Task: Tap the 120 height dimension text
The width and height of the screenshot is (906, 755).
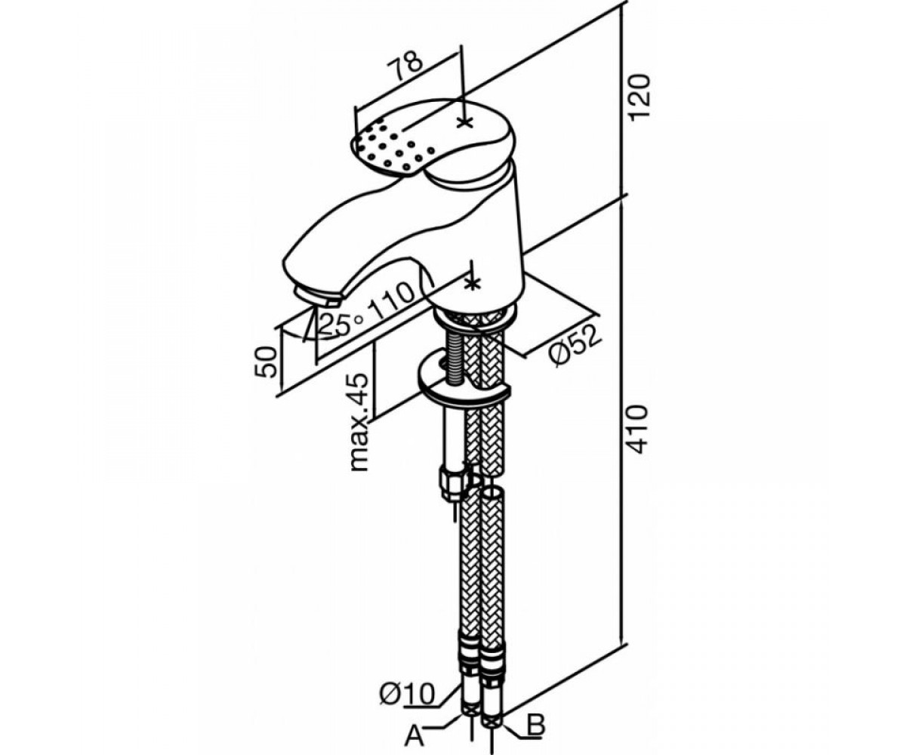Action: (640, 103)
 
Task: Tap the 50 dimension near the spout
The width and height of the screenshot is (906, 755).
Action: (265, 362)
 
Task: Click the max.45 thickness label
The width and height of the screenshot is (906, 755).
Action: (359, 422)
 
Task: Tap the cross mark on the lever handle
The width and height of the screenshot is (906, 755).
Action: (464, 123)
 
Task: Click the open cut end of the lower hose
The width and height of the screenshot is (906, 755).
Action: (492, 495)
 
